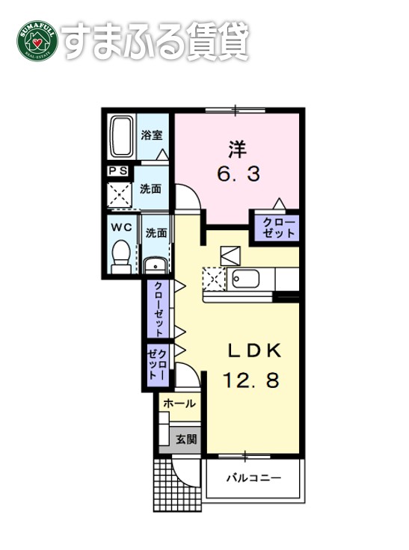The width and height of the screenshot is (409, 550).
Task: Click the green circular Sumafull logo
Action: pos(37,43)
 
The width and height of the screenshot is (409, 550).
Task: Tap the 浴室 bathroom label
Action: pos(153,135)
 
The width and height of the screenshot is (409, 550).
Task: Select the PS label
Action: pos(117,171)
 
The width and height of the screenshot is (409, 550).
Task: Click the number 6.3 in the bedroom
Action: pos(239,175)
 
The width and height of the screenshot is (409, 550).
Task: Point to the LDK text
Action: pos(253,350)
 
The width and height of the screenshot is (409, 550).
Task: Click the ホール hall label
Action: pos(179,404)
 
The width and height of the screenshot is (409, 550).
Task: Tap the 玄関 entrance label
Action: pos(186,439)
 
